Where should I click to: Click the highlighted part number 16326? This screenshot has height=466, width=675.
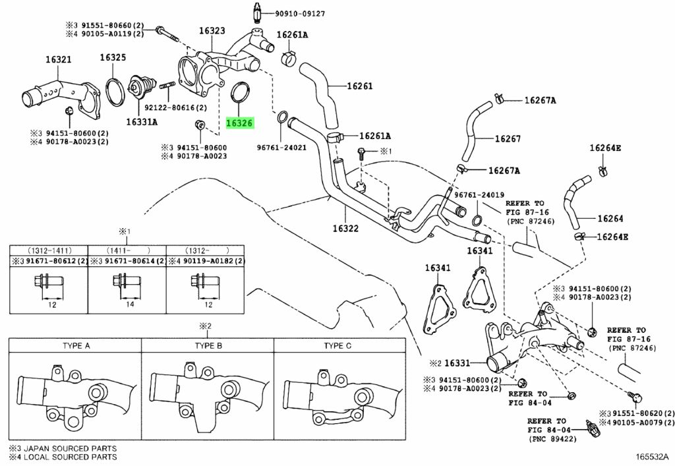[239, 123]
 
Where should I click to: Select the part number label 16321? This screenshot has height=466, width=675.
[59, 59]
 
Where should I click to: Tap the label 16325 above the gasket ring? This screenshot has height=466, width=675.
[113, 57]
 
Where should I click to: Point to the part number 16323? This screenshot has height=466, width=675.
[212, 30]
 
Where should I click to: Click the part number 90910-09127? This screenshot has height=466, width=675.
[300, 14]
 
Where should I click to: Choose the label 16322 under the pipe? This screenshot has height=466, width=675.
[345, 228]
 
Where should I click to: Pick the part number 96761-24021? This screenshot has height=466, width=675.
[281, 147]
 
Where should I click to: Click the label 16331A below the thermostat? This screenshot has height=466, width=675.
[142, 122]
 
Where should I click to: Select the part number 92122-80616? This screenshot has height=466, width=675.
[169, 107]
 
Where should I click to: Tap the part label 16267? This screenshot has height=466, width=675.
[508, 138]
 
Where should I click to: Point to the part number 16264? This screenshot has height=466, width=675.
[610, 219]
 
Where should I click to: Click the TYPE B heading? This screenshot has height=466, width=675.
[208, 345]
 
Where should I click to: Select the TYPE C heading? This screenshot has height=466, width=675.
[337, 345]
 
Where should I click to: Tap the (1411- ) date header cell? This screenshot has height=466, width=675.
[127, 250]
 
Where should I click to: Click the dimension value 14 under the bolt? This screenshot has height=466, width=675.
[130, 305]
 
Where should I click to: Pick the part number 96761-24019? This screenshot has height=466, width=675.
[479, 195]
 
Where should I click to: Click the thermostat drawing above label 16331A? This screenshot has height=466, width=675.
[142, 89]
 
